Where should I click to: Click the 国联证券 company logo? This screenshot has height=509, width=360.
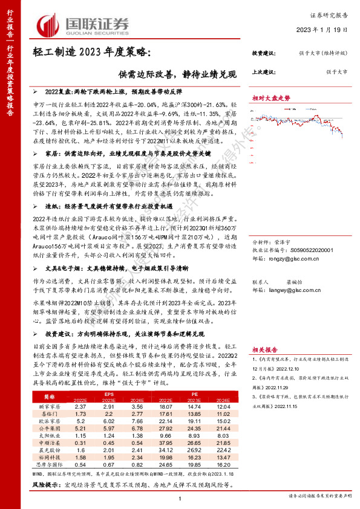pos(84,24)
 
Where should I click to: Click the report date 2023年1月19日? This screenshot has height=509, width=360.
pos(321,30)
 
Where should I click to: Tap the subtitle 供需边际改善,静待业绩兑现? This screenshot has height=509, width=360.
pos(182,74)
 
